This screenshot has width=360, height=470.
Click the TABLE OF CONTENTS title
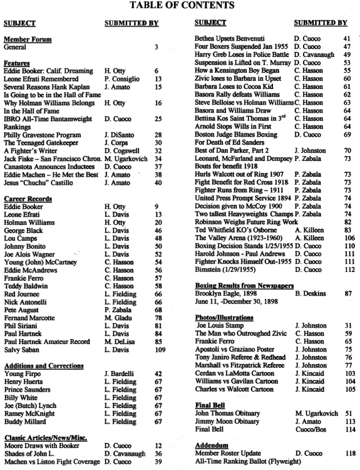pyautogui.click(x=180, y=7)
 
